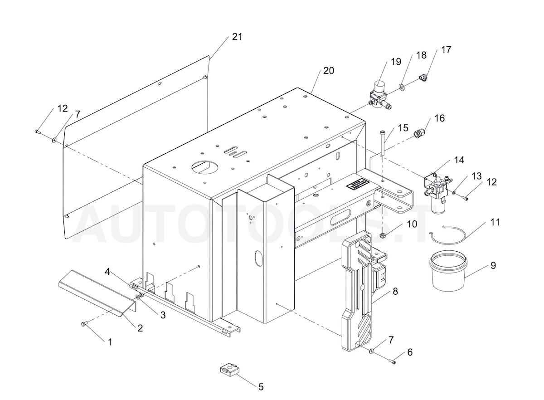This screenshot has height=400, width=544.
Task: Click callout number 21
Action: [x=237, y=37]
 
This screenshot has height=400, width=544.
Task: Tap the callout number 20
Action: [x=328, y=71]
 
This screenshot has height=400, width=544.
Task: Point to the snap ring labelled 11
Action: [x=448, y=234]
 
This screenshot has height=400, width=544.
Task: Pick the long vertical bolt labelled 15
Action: [x=383, y=142]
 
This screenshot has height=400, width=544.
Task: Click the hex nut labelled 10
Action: [x=382, y=235]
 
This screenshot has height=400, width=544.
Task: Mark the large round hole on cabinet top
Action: [x=204, y=166]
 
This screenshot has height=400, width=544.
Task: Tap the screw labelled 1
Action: [x=83, y=324]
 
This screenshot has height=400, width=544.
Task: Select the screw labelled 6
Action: [x=393, y=361]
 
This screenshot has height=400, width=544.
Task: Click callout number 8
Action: [x=395, y=291]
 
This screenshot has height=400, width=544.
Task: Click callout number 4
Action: [x=107, y=272]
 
